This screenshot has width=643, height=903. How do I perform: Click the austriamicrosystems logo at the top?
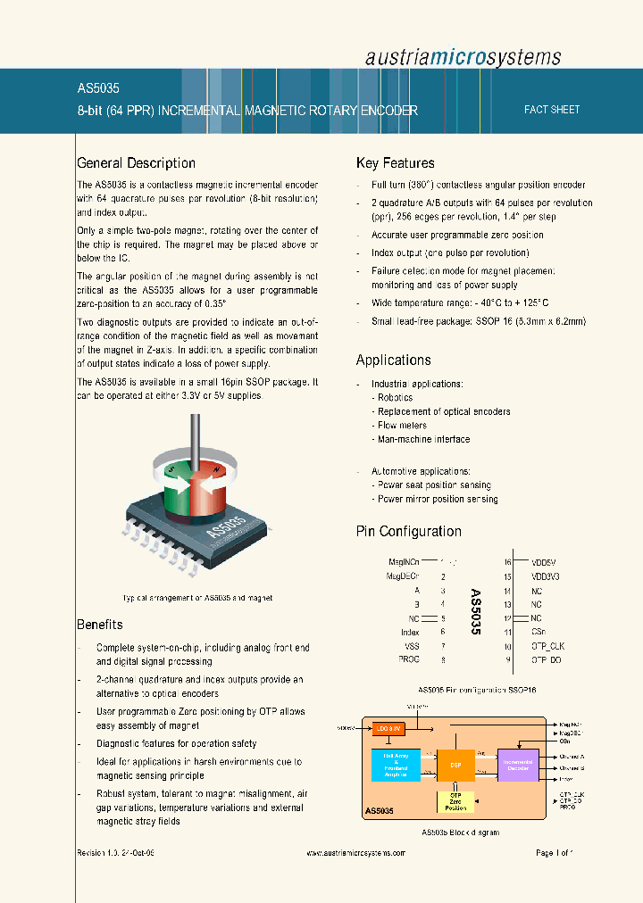[463, 57]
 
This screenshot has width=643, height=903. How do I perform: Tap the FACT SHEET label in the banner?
[552, 110]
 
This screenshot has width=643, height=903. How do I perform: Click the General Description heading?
[136, 163]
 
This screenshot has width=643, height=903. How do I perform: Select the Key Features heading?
[395, 163]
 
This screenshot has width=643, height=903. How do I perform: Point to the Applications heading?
[393, 360]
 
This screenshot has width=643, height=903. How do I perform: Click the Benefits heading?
[99, 625]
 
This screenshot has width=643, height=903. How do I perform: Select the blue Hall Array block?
[395, 765]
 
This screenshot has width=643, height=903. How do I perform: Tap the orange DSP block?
[455, 766]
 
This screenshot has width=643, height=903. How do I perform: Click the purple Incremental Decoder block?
[518, 765]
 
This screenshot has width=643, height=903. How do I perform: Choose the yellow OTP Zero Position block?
[455, 801]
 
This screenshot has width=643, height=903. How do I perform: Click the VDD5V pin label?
[543, 562]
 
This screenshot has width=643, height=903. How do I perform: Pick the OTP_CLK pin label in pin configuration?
[547, 646]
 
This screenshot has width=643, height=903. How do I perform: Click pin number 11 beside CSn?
[507, 632]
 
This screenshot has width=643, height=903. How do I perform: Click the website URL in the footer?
[355, 853]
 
